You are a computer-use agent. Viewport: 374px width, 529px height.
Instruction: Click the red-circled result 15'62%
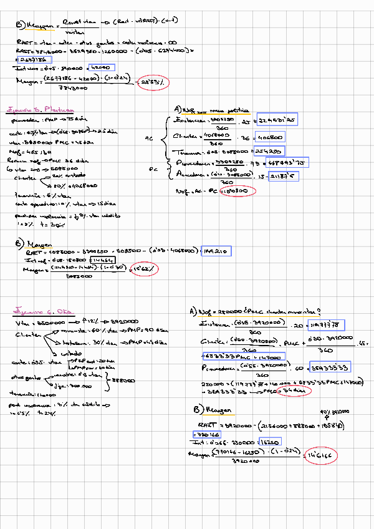[145, 269]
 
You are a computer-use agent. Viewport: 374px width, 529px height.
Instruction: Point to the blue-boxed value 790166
[209, 434]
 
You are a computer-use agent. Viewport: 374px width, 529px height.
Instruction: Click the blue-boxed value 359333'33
[330, 367]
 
